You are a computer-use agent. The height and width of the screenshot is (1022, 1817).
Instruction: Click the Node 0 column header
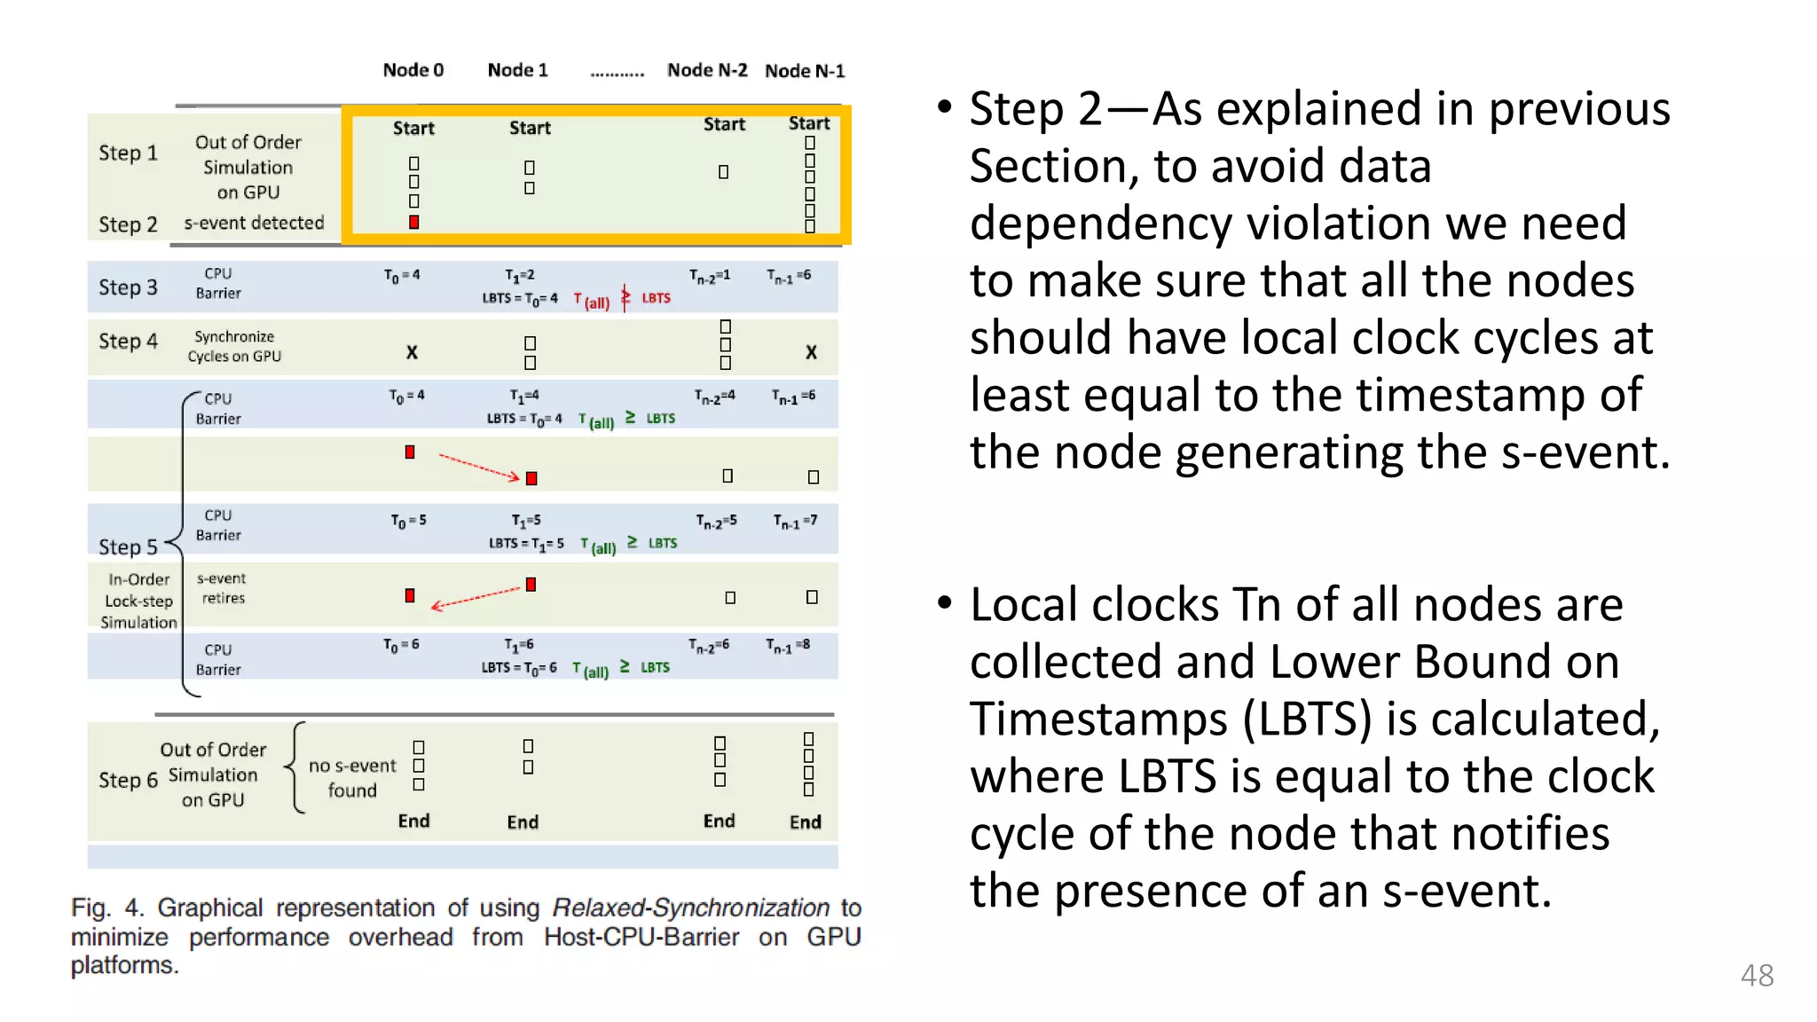[413, 70]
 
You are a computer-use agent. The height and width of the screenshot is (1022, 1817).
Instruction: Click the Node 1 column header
[518, 70]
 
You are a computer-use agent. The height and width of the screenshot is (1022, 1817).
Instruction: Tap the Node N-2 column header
[707, 70]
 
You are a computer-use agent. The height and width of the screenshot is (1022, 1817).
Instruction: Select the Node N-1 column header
[805, 71]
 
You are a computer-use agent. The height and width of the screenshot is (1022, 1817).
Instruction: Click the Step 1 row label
[128, 153]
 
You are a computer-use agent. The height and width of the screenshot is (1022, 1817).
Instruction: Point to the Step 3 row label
[128, 287]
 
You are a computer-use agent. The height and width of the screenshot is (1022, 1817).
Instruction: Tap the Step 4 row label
[128, 342]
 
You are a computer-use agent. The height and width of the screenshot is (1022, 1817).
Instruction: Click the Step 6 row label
[128, 780]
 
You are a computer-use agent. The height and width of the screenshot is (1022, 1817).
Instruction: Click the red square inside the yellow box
[414, 222]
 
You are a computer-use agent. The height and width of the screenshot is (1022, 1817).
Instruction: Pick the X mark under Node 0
[412, 352]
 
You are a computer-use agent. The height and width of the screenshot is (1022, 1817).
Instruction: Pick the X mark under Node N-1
[811, 352]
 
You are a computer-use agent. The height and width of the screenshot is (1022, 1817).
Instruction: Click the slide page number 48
[1757, 975]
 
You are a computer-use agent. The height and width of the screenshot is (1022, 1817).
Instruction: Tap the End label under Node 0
[413, 821]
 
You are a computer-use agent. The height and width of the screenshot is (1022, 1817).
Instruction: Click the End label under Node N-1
[806, 822]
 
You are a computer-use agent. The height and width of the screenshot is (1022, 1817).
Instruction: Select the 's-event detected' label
[254, 223]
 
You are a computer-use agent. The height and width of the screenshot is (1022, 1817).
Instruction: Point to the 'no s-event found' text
[352, 777]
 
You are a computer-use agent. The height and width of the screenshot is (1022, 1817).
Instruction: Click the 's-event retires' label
[222, 588]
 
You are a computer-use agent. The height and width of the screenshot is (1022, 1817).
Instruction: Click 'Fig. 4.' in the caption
[106, 908]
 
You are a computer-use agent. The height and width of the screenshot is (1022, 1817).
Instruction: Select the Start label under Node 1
[530, 128]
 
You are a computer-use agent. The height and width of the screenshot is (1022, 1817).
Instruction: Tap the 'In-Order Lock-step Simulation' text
[138, 601]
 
